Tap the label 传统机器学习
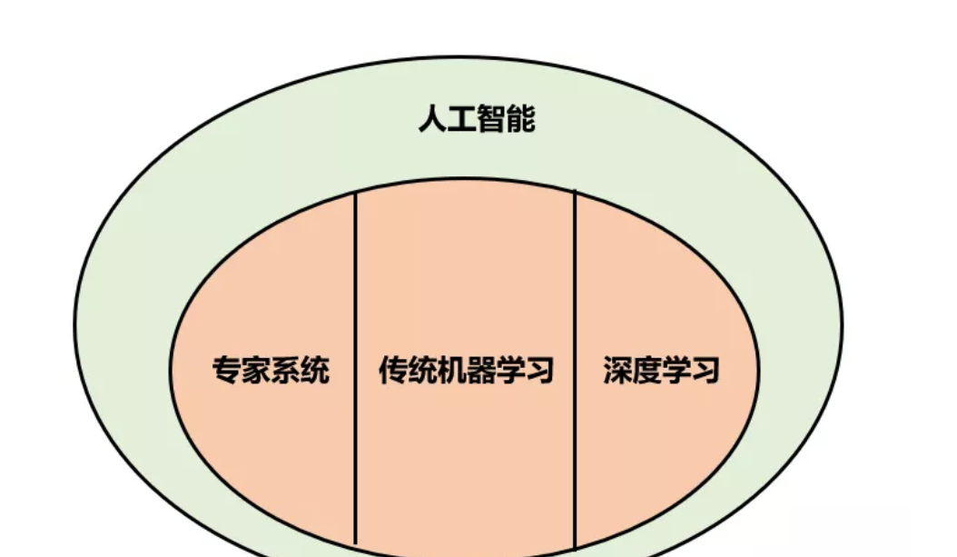(466, 371)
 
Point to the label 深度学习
(661, 371)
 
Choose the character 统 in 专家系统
(314, 371)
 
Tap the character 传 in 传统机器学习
(393, 371)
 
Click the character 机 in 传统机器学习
(451, 371)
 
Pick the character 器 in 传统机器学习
(480, 371)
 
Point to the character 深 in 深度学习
(617, 371)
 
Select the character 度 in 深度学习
(646, 371)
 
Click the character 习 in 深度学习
(705, 371)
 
